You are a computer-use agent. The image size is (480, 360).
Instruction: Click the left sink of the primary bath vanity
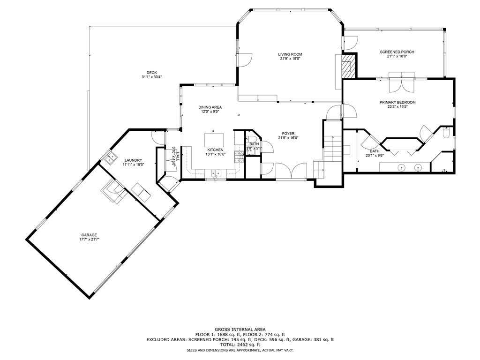[402, 166]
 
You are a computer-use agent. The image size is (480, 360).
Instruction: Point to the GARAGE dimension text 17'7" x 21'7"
[89, 239]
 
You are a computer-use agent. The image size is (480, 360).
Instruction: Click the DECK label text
[151, 73]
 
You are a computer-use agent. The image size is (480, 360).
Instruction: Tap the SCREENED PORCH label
[397, 52]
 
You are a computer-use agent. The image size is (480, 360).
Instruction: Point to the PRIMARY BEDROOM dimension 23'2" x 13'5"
[397, 106]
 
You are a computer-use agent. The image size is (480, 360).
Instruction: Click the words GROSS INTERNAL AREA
[240, 330]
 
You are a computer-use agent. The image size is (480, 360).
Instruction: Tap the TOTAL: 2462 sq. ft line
[240, 345]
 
